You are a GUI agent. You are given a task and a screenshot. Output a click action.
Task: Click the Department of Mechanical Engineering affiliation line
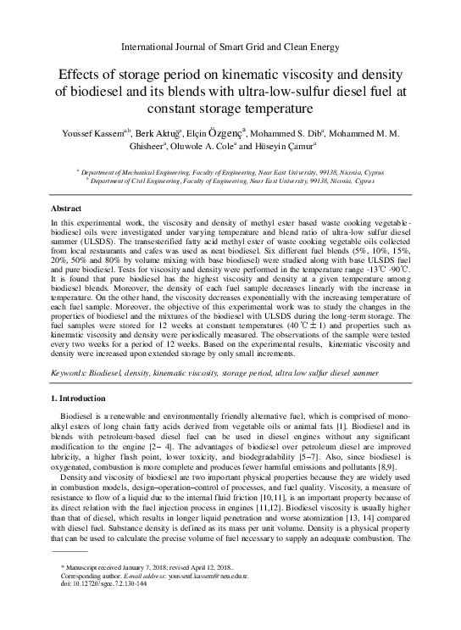click(x=230, y=170)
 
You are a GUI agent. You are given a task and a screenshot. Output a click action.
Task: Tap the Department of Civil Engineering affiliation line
click(x=230, y=181)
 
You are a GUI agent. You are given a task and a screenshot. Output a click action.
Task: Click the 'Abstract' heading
click(x=68, y=208)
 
